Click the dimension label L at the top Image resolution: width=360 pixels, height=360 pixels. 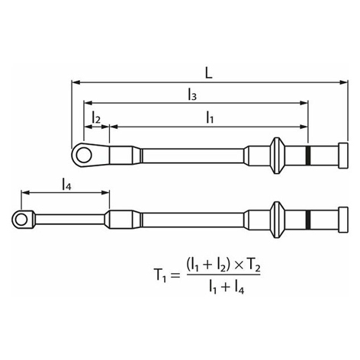click(x=208, y=73)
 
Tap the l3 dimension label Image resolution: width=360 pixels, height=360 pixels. click(x=192, y=95)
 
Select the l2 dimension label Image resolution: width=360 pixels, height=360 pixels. click(x=96, y=118)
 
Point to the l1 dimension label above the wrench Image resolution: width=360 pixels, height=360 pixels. click(x=210, y=118)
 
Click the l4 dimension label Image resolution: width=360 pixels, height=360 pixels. click(x=67, y=185)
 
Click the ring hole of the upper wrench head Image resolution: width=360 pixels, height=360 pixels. click(x=84, y=155)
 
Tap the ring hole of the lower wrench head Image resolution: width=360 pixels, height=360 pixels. click(x=21, y=220)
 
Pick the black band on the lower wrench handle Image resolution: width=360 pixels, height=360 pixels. click(x=308, y=219)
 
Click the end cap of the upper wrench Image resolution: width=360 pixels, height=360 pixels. click(x=343, y=156)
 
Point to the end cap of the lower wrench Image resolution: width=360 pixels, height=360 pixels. click(x=343, y=220)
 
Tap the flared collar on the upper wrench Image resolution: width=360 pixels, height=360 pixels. click(x=277, y=156)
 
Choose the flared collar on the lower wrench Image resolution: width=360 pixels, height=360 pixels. click(x=277, y=220)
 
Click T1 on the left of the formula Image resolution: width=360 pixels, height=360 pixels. click(x=160, y=275)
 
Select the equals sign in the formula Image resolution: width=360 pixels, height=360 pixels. click(x=175, y=275)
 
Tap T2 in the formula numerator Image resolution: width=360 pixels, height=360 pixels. click(x=253, y=266)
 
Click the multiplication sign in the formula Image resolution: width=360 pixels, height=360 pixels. click(x=239, y=266)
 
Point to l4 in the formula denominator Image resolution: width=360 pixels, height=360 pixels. click(x=239, y=288)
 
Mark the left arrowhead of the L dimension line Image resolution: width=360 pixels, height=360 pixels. click(x=76, y=82)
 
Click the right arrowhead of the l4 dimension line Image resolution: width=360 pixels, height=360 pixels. click(x=105, y=192)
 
